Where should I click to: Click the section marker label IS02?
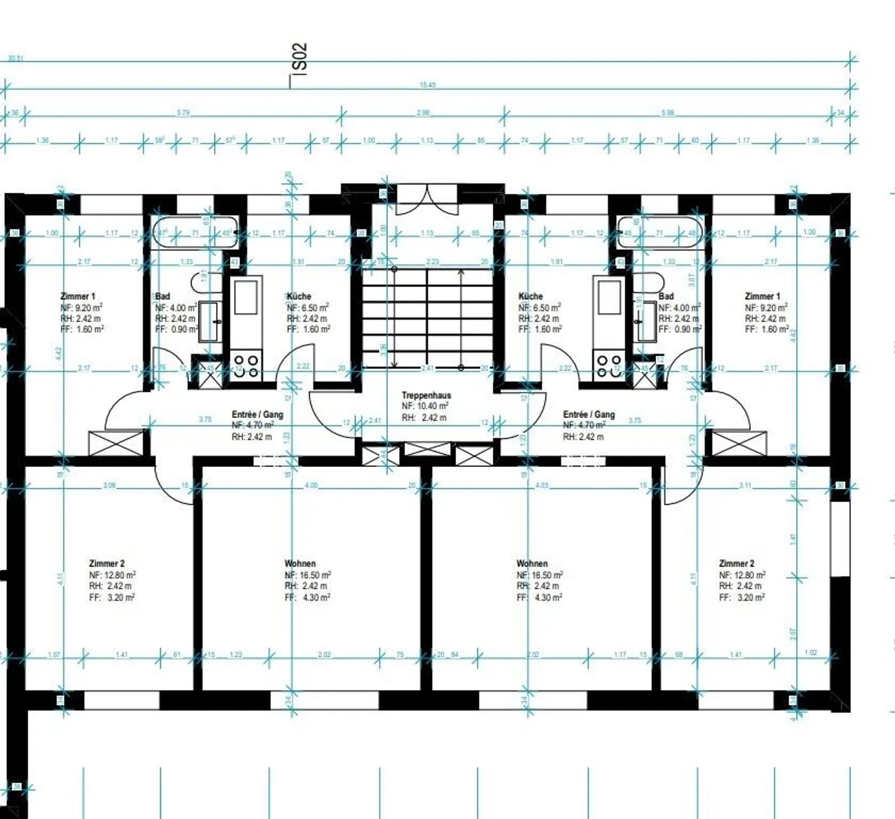pos(300,58)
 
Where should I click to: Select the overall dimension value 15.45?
pos(428,85)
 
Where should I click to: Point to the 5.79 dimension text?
pos(183,113)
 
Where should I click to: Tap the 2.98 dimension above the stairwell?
pos(423,113)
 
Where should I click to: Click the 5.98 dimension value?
pos(668,113)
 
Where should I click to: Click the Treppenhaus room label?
pos(426,395)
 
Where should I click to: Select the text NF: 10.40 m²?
pos(425,406)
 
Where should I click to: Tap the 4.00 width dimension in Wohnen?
pos(311,485)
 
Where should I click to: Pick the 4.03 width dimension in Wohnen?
pos(542,485)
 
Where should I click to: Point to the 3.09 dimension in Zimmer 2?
pos(109,485)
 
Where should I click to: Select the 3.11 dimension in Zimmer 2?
pos(745,485)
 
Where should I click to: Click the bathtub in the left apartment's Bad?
pos(195,233)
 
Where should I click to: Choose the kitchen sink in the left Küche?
pos(246,298)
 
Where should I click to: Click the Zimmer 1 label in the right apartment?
pos(762,296)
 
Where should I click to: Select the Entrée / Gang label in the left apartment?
pos(257,414)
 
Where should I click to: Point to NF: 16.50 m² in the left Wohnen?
pos(308,575)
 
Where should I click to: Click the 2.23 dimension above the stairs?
pos(433,262)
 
